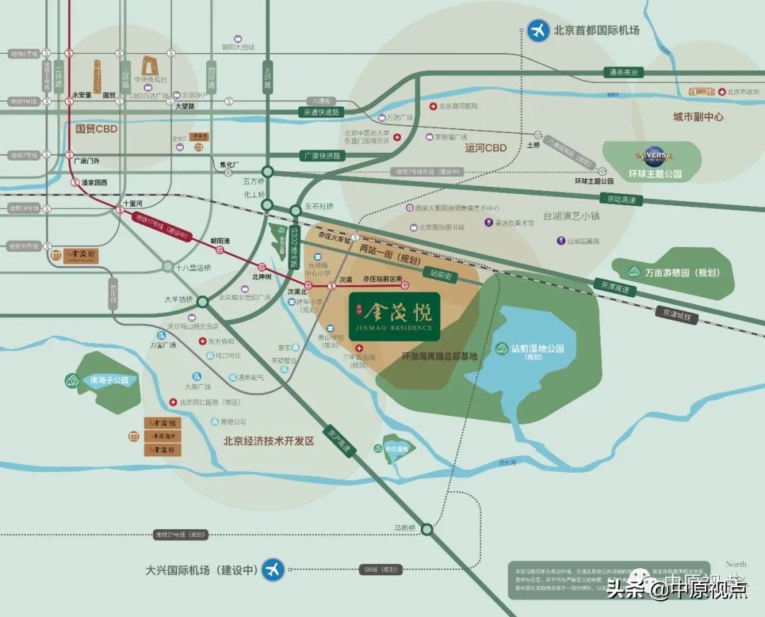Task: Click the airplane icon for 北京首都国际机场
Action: (x=539, y=30)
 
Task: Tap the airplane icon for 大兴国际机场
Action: (x=272, y=570)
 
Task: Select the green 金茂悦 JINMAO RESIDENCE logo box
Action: (x=395, y=316)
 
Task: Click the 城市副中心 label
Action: (x=698, y=117)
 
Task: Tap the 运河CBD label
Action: (x=486, y=148)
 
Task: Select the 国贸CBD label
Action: (x=96, y=129)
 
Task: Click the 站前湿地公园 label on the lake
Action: (x=537, y=350)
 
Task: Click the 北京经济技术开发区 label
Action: (x=268, y=441)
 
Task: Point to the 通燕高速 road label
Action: (x=623, y=72)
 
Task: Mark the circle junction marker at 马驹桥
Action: (x=426, y=529)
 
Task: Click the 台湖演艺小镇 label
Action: (x=571, y=215)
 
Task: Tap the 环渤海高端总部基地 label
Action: (x=439, y=357)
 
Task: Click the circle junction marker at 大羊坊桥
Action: (x=203, y=301)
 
